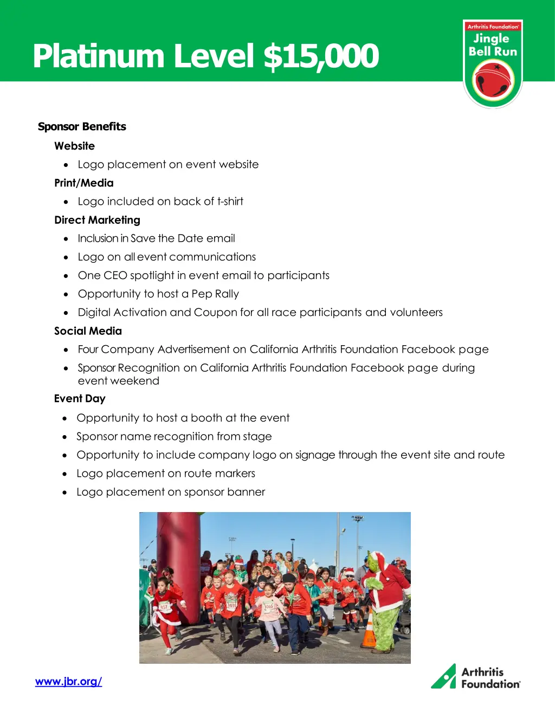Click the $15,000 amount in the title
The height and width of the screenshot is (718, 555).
click(321, 56)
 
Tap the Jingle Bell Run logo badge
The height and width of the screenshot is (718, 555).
click(493, 64)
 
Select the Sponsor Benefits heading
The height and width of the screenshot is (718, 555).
click(82, 127)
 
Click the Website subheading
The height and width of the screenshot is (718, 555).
click(74, 146)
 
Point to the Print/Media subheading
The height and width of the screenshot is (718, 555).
click(84, 183)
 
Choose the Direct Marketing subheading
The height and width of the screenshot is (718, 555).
click(97, 220)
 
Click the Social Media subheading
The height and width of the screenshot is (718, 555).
click(88, 331)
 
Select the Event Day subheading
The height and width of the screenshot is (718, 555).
click(80, 399)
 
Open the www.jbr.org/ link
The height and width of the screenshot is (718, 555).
click(68, 682)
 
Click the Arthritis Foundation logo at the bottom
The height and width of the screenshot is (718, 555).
click(475, 677)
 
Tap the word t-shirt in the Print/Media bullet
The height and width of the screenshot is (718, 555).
click(230, 202)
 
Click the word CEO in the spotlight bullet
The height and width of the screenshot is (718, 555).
click(115, 276)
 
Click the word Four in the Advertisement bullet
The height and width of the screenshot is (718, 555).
click(88, 350)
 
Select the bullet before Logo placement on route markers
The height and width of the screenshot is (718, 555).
click(65, 474)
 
